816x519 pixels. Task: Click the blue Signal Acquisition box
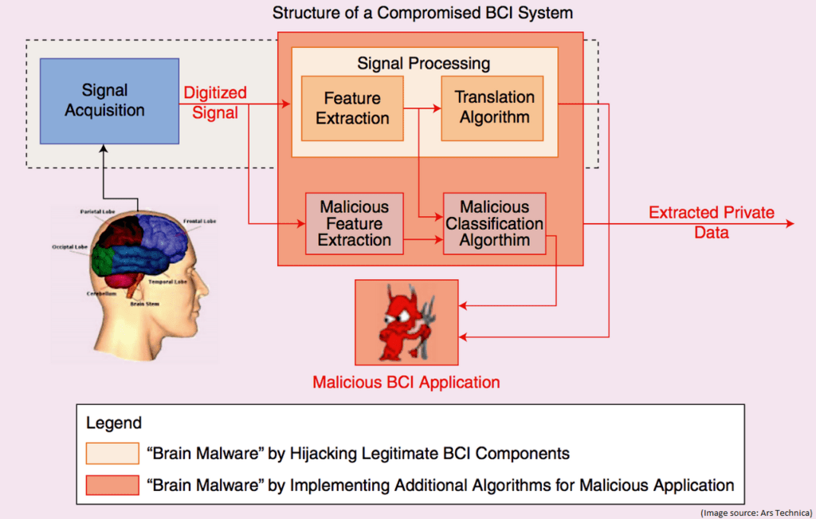[104, 100]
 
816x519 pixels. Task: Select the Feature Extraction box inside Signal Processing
[351, 108]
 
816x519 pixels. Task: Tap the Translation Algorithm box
[494, 107]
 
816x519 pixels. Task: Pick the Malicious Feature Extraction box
[354, 223]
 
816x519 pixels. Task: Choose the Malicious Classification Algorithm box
[494, 223]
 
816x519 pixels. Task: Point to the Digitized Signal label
[215, 103]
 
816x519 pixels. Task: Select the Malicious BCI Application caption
[406, 383]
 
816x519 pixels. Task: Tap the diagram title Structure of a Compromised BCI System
[422, 14]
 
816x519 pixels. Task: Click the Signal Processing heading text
[423, 63]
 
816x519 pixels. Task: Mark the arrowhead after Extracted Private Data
[790, 224]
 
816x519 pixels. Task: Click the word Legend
[114, 423]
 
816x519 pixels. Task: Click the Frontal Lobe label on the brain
[199, 221]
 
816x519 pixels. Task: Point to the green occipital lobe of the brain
[102, 260]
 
